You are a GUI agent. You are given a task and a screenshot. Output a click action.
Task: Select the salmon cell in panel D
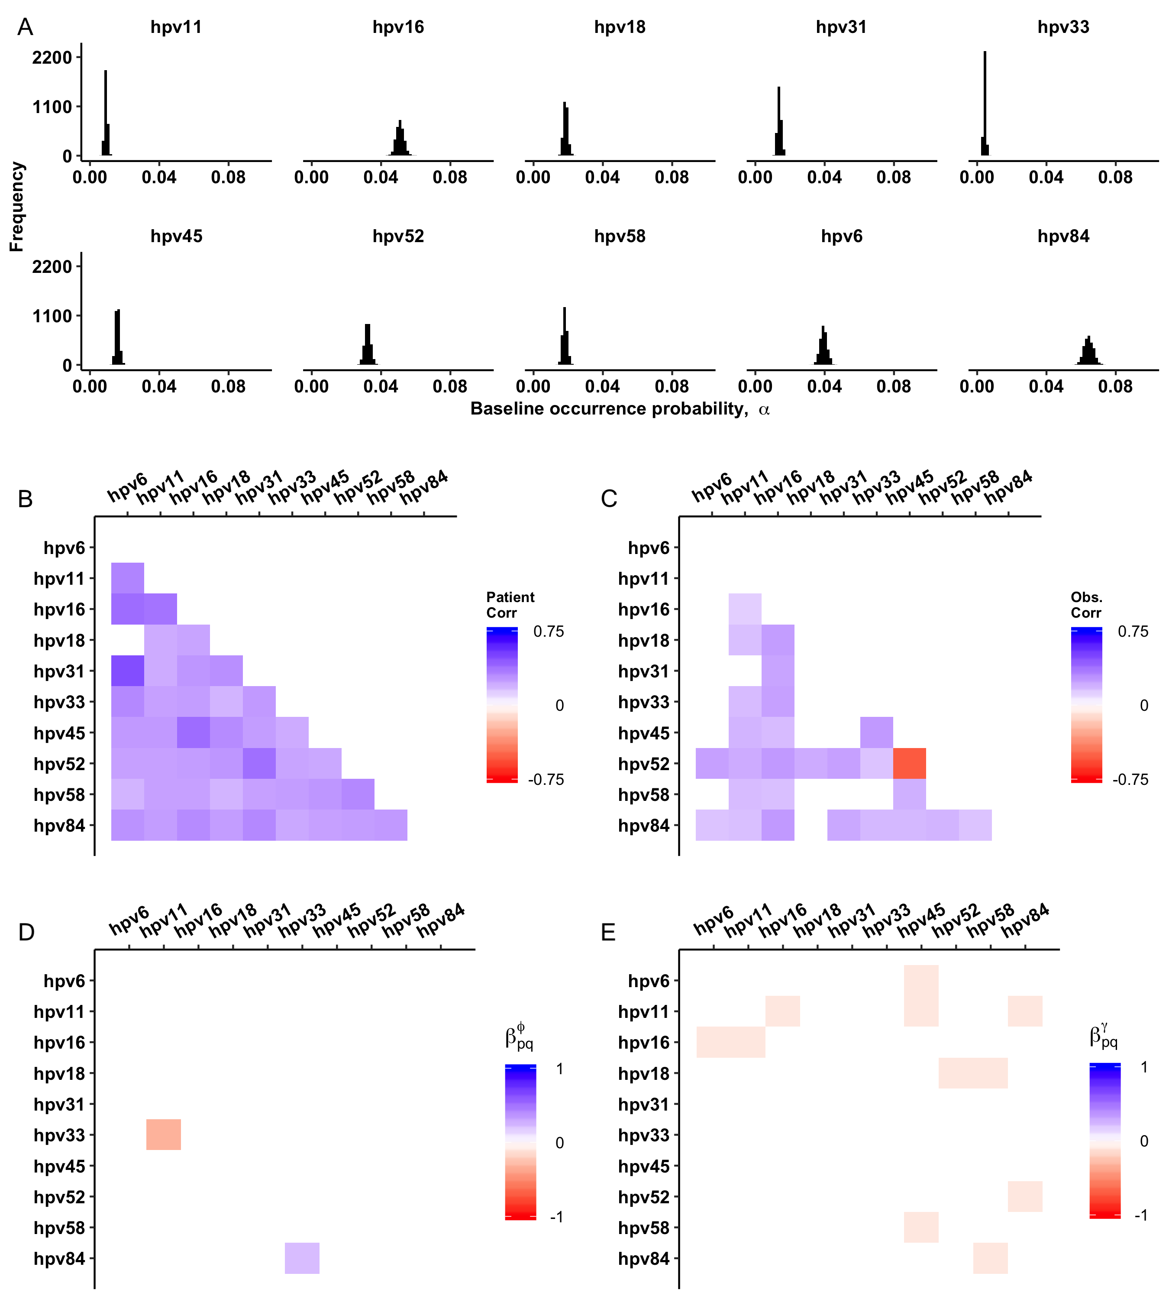163,1134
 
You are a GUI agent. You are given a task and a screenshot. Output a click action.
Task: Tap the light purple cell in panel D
302,1257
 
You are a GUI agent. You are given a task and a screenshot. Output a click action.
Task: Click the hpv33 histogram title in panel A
1063,27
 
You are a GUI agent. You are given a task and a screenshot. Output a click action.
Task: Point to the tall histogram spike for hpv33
985,103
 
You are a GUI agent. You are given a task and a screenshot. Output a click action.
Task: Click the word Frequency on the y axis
17,206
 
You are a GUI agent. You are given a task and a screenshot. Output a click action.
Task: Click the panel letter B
25,499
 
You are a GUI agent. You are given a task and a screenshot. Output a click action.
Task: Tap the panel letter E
607,932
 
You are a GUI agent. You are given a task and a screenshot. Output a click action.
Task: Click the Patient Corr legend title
510,605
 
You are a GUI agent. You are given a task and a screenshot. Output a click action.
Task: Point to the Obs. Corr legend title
1086,605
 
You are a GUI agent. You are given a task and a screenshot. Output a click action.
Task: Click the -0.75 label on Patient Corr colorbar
546,779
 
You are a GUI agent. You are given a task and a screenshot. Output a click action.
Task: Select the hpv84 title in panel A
1063,236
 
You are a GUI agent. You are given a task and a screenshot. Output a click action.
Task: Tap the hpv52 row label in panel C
643,764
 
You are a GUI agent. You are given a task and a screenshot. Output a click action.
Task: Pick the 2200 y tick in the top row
52,58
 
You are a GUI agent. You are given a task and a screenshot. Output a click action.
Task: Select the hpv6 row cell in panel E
920,980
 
